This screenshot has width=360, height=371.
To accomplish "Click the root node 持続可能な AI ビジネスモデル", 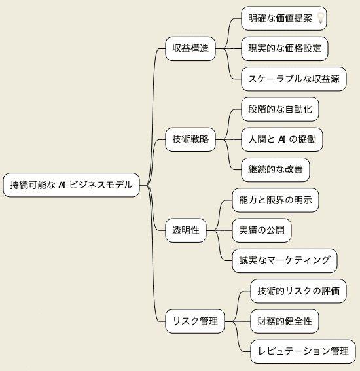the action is click(x=71, y=185).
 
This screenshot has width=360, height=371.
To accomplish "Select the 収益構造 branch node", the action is click(x=190, y=48).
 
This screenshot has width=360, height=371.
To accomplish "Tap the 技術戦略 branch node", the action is click(x=190, y=139).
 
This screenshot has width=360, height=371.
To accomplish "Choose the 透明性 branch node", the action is click(x=186, y=230).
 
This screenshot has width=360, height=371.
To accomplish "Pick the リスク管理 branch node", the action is click(x=195, y=321).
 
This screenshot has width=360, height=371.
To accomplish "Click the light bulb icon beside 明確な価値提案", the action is click(x=321, y=18).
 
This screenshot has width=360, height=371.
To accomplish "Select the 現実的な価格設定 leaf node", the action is click(x=285, y=48).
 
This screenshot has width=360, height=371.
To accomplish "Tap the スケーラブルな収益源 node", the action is click(x=294, y=79).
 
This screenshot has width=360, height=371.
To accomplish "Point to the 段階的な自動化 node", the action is click(x=280, y=109).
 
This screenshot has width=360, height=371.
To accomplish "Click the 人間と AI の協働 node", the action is click(x=282, y=139).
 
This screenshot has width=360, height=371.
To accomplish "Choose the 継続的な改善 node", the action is click(x=276, y=169).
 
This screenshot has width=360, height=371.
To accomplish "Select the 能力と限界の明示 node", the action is click(x=276, y=200).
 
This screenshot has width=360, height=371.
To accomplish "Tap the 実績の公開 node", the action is click(x=262, y=230).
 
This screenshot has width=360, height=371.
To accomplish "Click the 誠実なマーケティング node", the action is click(x=285, y=260).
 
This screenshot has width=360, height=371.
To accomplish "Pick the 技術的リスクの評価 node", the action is click(x=298, y=291).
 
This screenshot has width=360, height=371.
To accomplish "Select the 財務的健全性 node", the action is click(x=285, y=321).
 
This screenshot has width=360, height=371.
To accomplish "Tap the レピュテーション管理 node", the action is click(x=303, y=351).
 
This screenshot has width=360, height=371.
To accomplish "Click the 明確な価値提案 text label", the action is click(x=280, y=18).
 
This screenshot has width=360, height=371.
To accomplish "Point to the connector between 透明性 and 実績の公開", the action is click(x=219, y=230).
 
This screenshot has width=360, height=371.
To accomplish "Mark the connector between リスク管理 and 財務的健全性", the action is click(x=238, y=321).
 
